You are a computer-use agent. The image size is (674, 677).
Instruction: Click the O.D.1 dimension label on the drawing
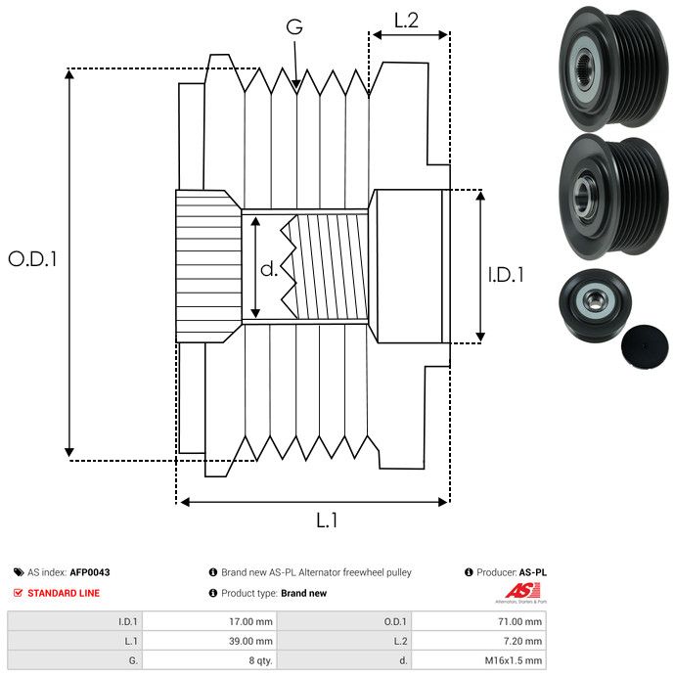click(33, 259)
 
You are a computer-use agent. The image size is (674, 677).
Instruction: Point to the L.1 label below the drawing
click(327, 521)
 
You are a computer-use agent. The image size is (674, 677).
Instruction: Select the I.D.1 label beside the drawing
click(506, 275)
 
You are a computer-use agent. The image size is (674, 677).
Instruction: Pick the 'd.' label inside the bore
click(269, 268)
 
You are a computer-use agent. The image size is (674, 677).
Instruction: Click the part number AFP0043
click(89, 572)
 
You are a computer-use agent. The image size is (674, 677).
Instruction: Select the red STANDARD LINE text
click(64, 593)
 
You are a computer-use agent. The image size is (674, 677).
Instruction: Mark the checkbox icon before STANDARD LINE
click(18, 593)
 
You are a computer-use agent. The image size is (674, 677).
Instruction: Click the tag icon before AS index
click(18, 572)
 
